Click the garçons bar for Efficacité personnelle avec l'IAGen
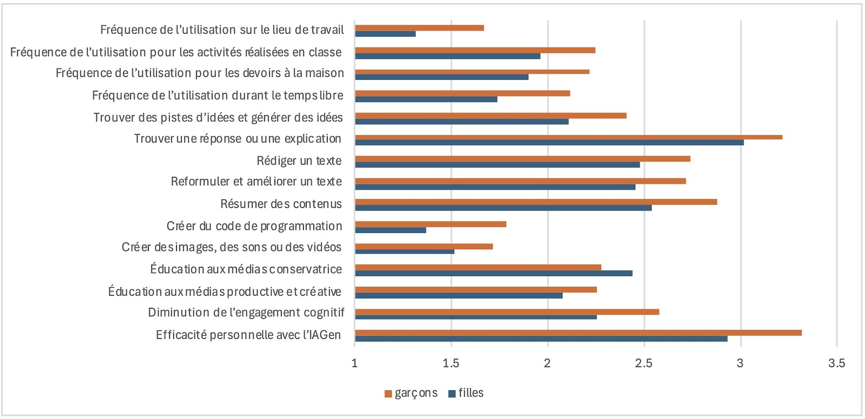[578, 332]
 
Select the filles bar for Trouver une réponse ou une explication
[549, 142]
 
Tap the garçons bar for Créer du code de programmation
[430, 224]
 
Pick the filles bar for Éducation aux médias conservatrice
[494, 273]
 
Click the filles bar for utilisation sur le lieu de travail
[385, 34]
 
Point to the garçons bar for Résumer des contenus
[536, 202]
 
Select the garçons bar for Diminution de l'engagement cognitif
[507, 312]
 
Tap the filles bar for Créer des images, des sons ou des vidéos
[404, 252]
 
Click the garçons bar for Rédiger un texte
[522, 159]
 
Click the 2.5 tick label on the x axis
[644, 363]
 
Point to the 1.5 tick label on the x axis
[451, 363]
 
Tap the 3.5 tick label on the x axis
[836, 363]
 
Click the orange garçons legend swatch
[388, 394]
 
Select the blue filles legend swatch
[452, 394]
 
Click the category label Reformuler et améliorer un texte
[256, 182]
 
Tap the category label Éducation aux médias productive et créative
[225, 292]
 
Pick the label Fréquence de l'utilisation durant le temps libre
[217, 96]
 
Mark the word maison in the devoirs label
[323, 74]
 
